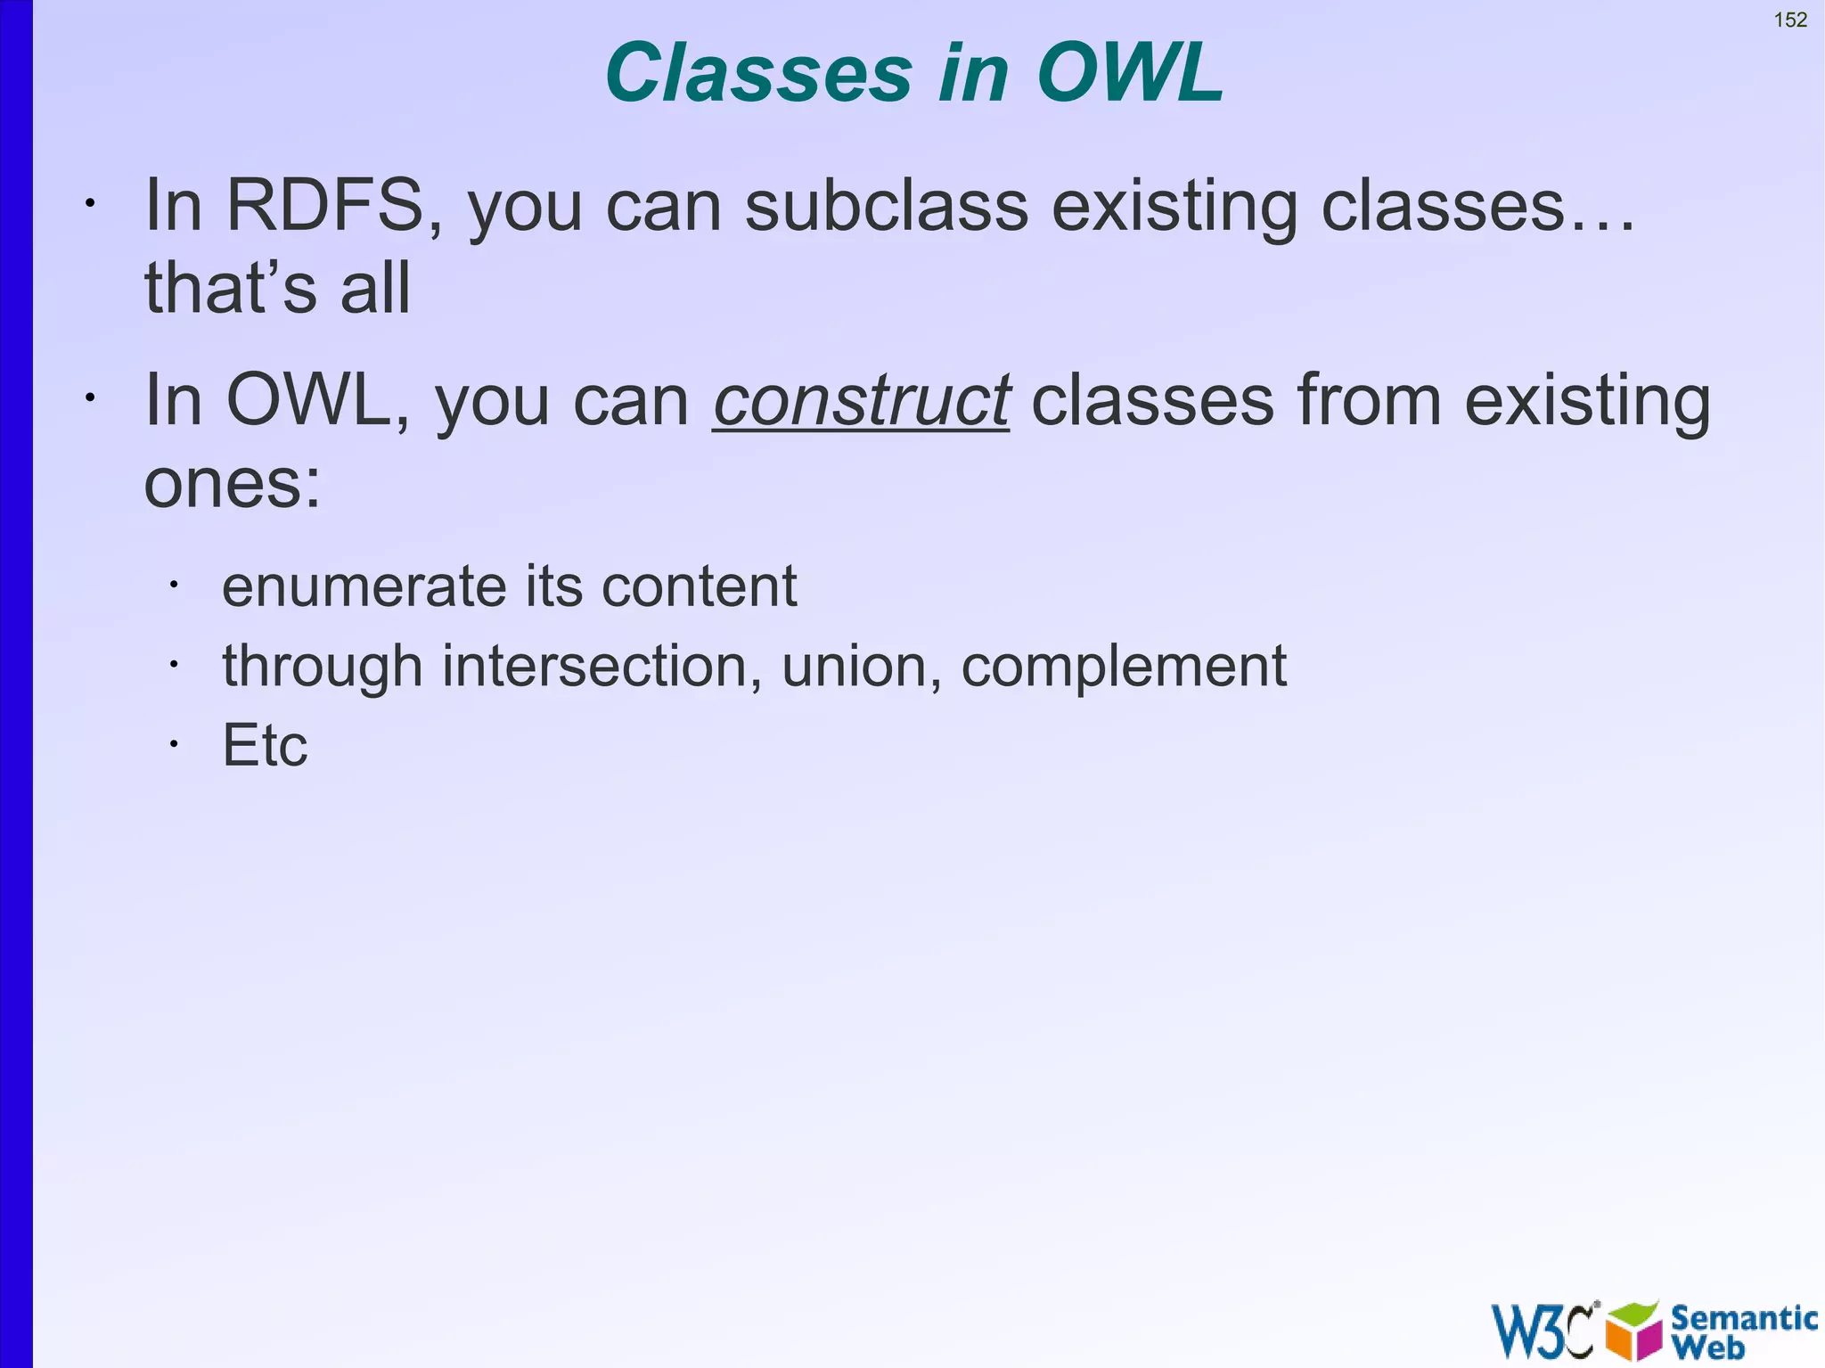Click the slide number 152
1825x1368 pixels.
1790,20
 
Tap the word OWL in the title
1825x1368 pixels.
1130,73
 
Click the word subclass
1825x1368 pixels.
886,207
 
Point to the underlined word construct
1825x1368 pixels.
861,401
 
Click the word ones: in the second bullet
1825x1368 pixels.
232,485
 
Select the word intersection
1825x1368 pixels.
602,667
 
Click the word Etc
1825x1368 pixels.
265,745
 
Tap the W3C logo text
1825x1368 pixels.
1543,1331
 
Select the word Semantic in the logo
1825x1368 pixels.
1743,1317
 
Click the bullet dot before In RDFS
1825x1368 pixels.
89,204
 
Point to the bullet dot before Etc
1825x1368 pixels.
175,744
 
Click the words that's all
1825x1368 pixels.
277,290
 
